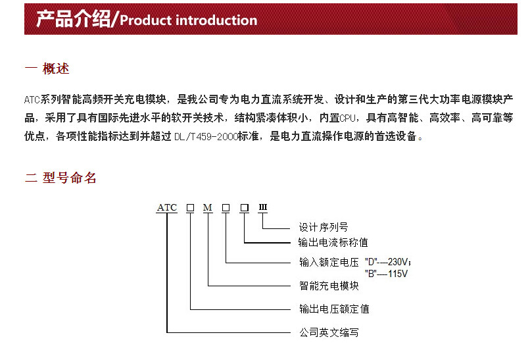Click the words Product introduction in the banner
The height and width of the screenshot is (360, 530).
click(x=189, y=20)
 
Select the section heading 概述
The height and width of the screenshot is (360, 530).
click(x=56, y=69)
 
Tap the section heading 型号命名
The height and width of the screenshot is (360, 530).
click(x=70, y=178)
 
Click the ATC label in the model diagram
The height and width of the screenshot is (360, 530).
click(x=167, y=208)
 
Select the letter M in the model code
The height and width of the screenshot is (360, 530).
click(x=208, y=208)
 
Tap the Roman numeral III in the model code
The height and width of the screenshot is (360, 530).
click(x=263, y=208)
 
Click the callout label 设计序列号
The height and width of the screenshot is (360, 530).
click(x=324, y=228)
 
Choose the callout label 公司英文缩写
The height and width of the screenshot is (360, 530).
click(x=329, y=332)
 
